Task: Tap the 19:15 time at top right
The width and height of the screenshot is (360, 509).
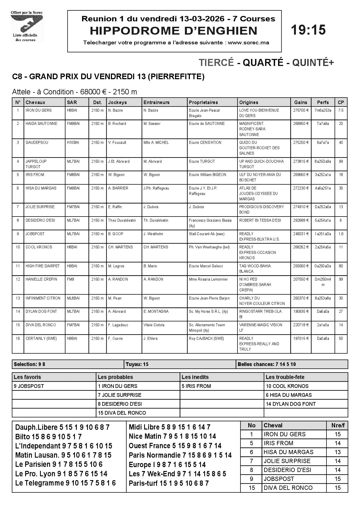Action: click(x=308, y=30)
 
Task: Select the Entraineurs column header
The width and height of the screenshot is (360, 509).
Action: click(x=156, y=102)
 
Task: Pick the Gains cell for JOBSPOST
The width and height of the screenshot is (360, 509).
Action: click(x=301, y=234)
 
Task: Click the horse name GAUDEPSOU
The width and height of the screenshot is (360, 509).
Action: click(x=37, y=142)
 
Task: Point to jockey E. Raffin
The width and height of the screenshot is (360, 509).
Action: click(x=115, y=207)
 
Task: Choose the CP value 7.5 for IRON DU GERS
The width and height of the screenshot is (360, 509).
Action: click(x=341, y=110)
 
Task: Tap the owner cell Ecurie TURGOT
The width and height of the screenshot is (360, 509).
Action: click(x=202, y=161)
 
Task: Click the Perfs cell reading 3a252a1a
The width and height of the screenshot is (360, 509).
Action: click(x=323, y=175)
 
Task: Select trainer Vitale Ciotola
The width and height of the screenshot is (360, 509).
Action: click(x=154, y=325)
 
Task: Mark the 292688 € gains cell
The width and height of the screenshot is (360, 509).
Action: click(x=301, y=220)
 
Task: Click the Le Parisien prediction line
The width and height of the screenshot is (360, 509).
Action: click(x=59, y=464)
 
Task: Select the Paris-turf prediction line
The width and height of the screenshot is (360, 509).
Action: click(x=169, y=483)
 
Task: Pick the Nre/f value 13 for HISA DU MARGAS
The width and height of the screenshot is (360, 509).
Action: click(x=338, y=452)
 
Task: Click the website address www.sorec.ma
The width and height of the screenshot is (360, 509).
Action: click(x=248, y=43)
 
